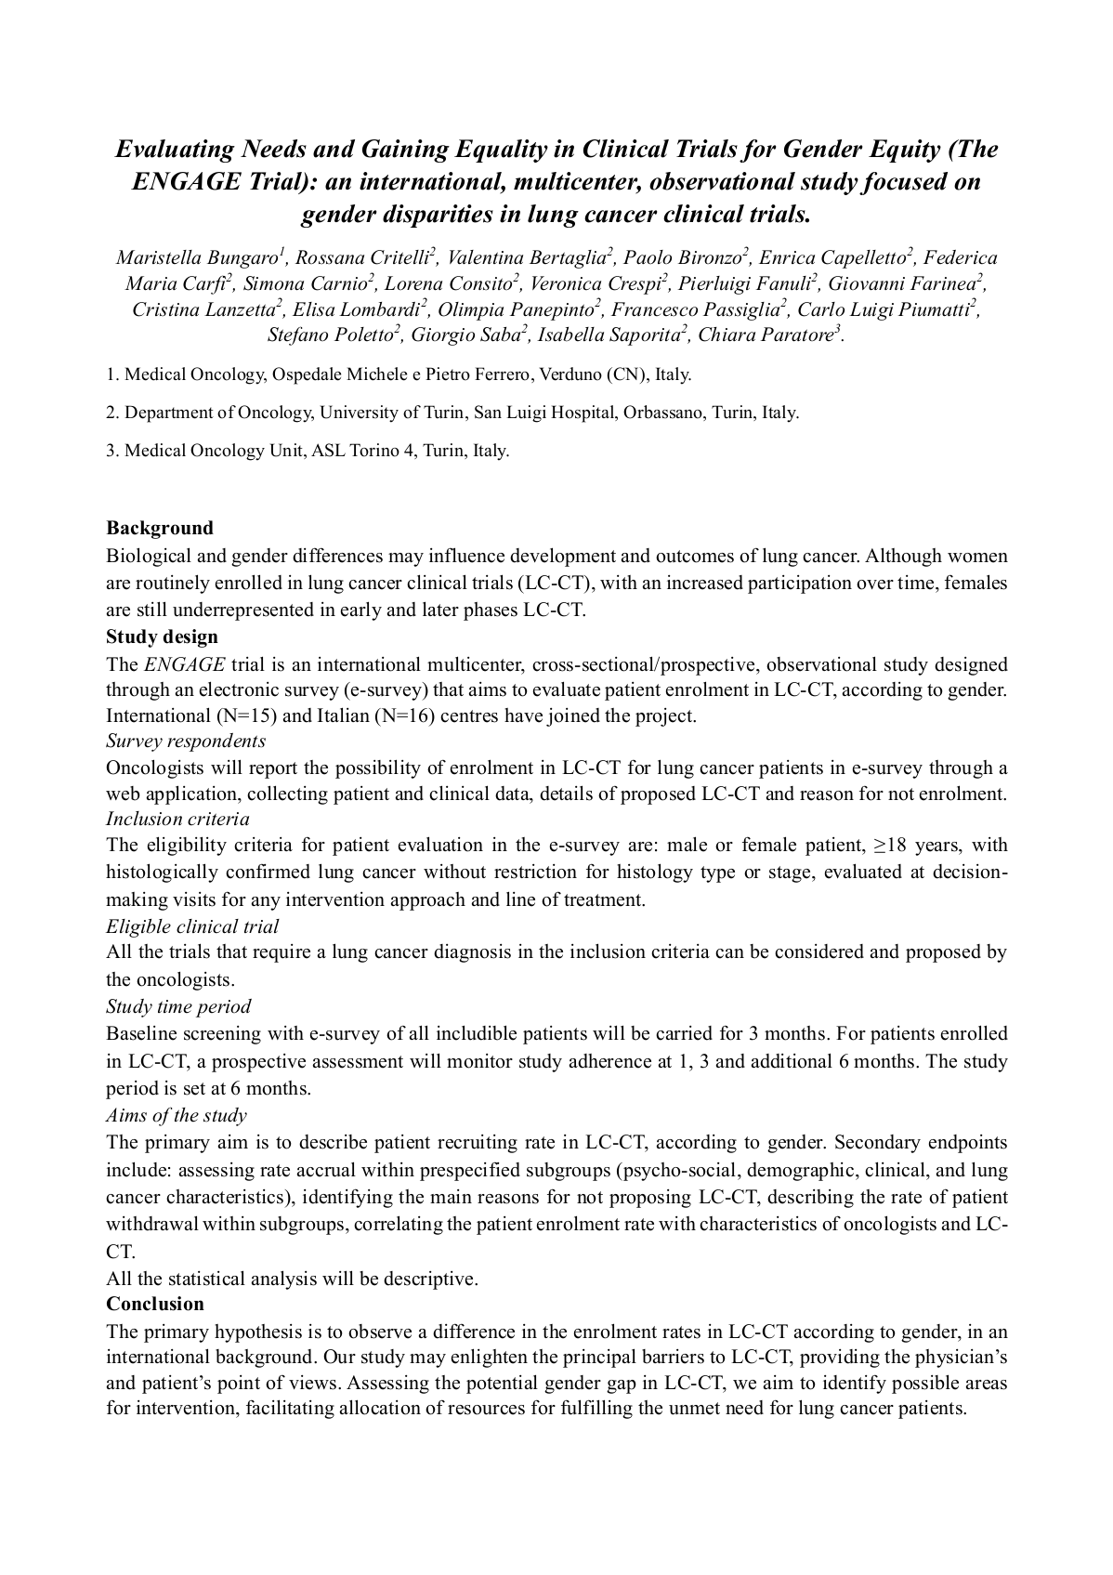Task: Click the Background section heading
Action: click(160, 528)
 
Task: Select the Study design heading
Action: click(162, 637)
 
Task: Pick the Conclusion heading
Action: click(155, 1304)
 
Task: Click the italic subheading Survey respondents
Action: click(186, 741)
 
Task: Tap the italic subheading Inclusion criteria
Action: click(177, 819)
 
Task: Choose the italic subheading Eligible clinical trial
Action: click(192, 926)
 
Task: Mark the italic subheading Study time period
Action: click(178, 1006)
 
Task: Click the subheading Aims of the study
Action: click(177, 1115)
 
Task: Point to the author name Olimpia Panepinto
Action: click(517, 309)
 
